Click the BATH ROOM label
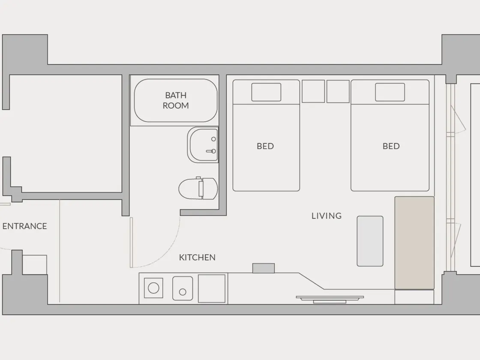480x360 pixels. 176,100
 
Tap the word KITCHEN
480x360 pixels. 197,258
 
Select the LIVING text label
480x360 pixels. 326,216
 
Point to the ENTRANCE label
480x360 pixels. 24,226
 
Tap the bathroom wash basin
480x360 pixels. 203,145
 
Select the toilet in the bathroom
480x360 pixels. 198,189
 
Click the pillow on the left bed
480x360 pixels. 266,92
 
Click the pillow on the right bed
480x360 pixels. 390,92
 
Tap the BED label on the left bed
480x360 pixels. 265,146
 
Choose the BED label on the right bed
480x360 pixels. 391,146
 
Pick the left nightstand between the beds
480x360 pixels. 313,91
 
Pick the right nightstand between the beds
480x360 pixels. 338,91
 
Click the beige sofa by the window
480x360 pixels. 414,243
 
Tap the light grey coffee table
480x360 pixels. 370,241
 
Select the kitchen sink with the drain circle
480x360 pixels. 183,288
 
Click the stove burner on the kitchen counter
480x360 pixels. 153,288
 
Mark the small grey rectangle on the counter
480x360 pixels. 264,268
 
